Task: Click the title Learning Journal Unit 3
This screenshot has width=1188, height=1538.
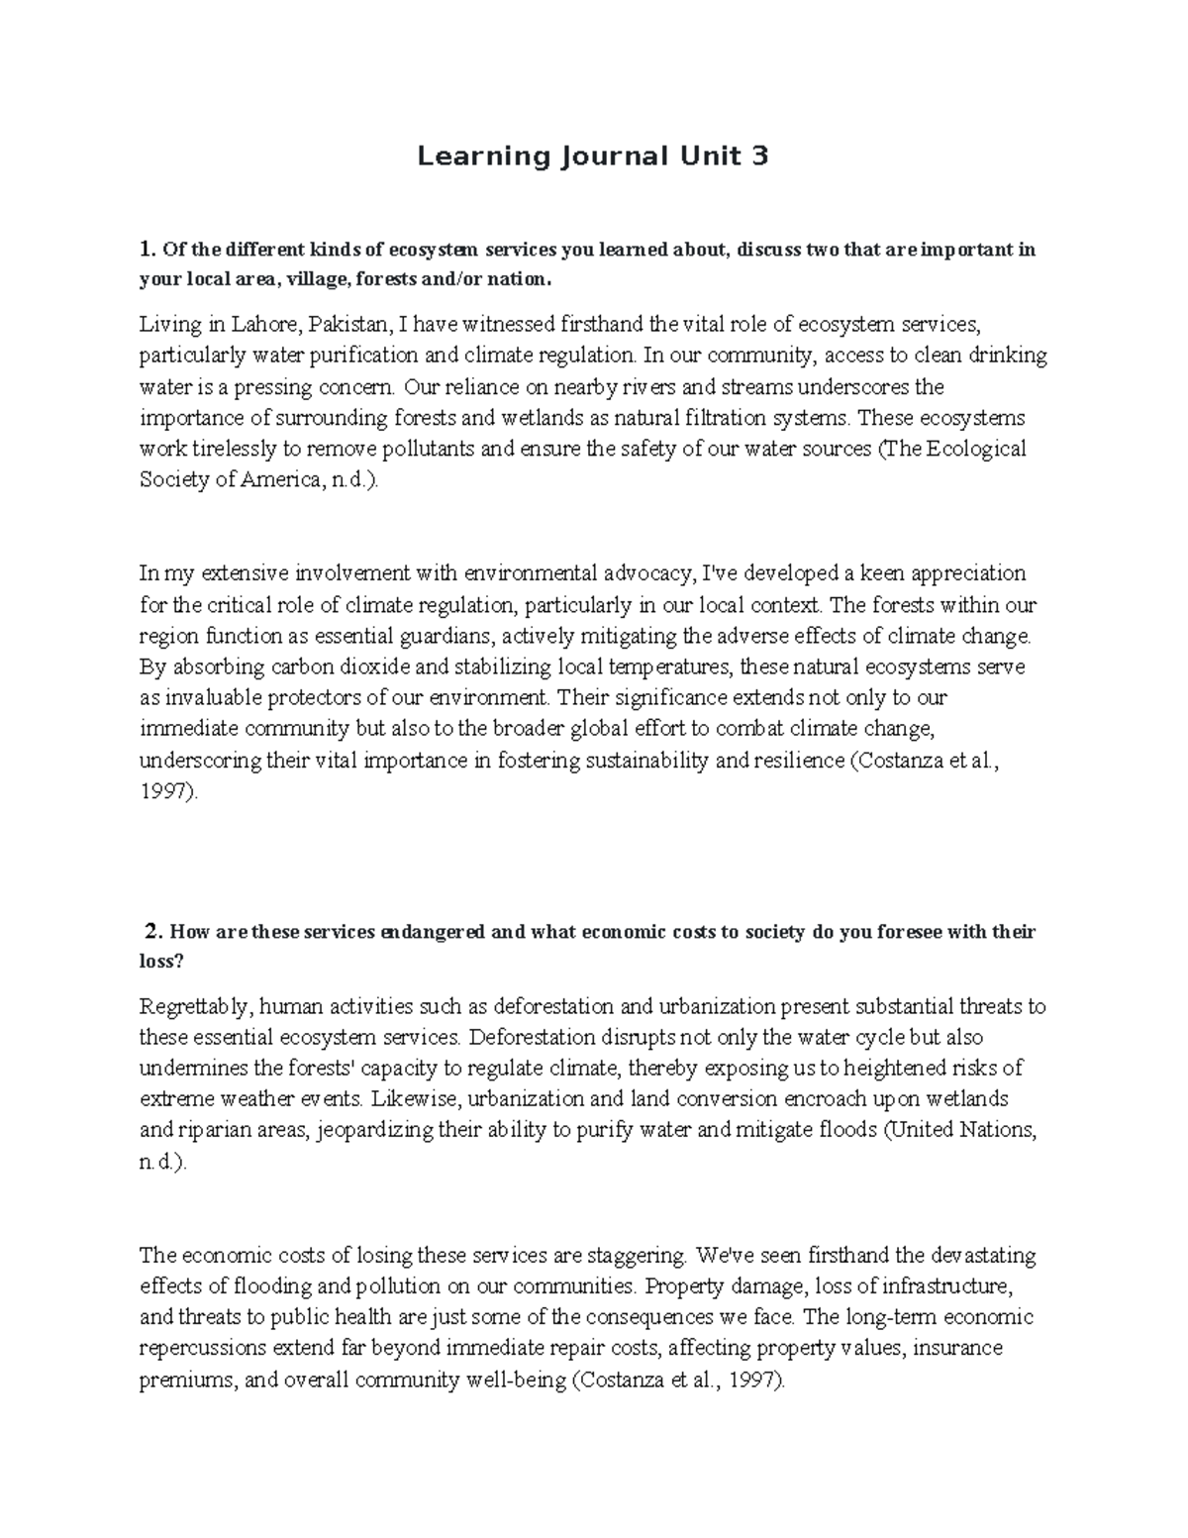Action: (592, 156)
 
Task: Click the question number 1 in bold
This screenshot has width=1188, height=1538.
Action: (147, 249)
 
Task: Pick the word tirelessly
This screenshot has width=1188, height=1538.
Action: (234, 449)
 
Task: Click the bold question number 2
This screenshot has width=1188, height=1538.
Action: (151, 932)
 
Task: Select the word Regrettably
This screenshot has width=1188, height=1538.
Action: (196, 1007)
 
